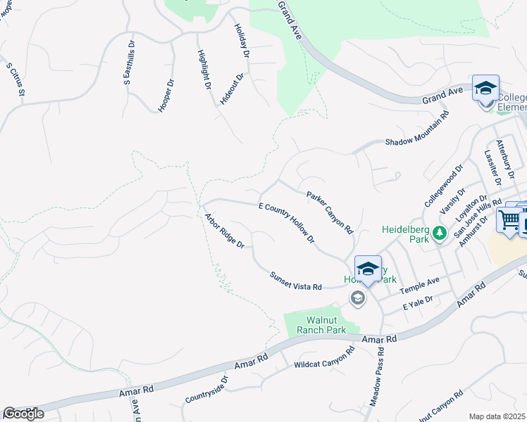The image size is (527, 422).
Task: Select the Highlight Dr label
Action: click(x=204, y=70)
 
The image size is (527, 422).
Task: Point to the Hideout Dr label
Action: click(x=232, y=89)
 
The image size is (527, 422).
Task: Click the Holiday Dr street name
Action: click(x=242, y=40)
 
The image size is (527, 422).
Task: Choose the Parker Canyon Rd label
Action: click(x=329, y=212)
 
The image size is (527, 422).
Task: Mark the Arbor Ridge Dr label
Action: click(x=224, y=231)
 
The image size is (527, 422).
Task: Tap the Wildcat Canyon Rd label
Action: click(x=324, y=359)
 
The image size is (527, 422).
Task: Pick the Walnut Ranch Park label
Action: click(x=321, y=323)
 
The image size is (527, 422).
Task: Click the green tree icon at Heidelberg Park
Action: click(x=440, y=233)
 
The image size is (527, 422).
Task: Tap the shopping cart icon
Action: click(x=509, y=219)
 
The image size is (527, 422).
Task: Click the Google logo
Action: click(x=24, y=413)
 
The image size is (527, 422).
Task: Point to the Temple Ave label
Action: click(x=419, y=285)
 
